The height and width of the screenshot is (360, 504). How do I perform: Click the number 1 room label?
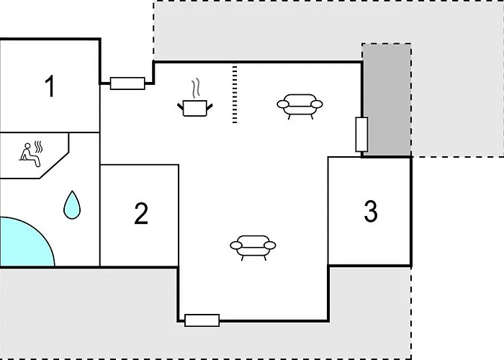[50, 86]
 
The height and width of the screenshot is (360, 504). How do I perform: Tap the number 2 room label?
[141, 213]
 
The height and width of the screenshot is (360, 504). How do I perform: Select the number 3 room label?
[371, 211]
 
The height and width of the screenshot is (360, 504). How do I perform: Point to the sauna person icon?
[31, 154]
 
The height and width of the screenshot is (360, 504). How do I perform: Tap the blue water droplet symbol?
[72, 205]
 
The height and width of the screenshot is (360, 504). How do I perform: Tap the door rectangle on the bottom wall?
[202, 320]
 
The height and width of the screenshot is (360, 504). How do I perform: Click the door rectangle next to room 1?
[127, 84]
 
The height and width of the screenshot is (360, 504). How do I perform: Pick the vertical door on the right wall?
[361, 135]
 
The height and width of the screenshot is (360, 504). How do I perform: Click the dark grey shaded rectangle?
[387, 99]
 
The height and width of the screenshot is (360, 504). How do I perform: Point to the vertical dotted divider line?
[235, 94]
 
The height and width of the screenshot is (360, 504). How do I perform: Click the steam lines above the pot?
[196, 89]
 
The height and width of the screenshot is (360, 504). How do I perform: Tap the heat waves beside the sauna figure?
[39, 147]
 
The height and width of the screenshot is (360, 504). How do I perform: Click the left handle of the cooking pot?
[180, 107]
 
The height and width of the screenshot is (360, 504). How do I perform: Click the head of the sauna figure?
[27, 146]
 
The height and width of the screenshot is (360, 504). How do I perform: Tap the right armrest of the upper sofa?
[317, 104]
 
